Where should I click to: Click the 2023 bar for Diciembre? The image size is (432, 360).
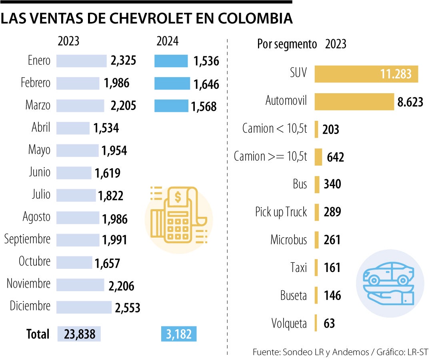point(84,307)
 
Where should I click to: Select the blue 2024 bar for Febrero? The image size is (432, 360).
point(172,84)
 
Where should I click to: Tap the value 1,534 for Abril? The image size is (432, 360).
point(106,128)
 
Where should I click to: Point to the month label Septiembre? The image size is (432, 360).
point(27,239)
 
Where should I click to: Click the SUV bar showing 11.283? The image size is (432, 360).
point(366,74)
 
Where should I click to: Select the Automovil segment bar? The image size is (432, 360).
point(354,102)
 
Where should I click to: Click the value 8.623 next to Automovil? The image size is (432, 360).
point(410,102)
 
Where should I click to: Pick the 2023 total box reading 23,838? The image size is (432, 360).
point(79,334)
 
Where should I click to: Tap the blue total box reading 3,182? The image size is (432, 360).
point(179,334)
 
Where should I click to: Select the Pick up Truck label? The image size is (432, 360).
point(281,212)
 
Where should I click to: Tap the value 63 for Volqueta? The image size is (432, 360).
point(329,323)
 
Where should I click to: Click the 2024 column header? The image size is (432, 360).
point(168,41)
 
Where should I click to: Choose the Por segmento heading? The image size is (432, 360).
point(287,44)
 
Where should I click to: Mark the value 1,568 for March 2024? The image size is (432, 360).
point(204,106)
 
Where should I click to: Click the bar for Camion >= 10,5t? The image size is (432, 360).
point(318,157)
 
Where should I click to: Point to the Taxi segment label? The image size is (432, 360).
point(298,267)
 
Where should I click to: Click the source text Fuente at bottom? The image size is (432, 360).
point(267,352)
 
